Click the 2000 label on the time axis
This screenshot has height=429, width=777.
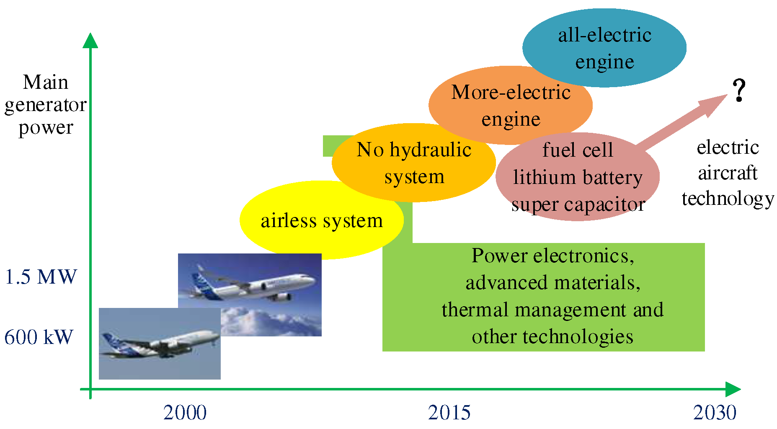point(185,413)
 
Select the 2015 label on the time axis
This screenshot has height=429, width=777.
point(449,413)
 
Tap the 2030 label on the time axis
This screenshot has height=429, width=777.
point(715,413)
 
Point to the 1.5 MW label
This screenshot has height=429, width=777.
point(41,277)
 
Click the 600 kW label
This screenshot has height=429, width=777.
point(39,337)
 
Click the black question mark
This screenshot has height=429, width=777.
point(739,90)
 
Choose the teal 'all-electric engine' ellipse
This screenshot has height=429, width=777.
point(604,48)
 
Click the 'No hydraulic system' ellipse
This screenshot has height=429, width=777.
point(414,163)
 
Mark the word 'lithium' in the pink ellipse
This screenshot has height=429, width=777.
point(545,177)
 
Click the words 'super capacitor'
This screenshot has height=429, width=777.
point(578,204)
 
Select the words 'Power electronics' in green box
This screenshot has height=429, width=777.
point(553,256)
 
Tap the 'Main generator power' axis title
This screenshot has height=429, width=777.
point(45,105)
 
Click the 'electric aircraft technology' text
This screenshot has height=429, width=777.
point(728,173)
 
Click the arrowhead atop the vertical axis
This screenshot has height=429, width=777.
point(90,40)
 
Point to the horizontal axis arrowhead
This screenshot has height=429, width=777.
point(733,389)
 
